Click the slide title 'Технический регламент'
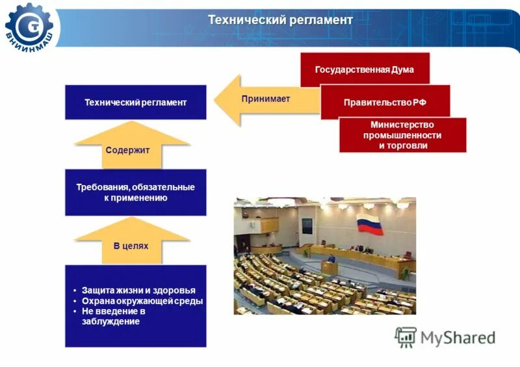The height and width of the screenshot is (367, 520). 280,20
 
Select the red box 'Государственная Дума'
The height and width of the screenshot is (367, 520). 364,70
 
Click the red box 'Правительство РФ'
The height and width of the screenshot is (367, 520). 385,103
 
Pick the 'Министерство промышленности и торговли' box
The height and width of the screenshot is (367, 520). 402,135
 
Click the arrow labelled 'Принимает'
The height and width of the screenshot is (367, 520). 257,99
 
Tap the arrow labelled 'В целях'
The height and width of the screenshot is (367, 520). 131,242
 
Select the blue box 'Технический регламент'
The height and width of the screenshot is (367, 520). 135,103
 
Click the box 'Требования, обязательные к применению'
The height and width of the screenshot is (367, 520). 135,192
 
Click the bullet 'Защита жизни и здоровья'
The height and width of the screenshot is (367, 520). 138,290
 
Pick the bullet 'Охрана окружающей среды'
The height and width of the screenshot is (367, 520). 142,301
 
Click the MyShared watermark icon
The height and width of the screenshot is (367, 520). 406,336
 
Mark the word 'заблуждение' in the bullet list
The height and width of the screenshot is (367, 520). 110,322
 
